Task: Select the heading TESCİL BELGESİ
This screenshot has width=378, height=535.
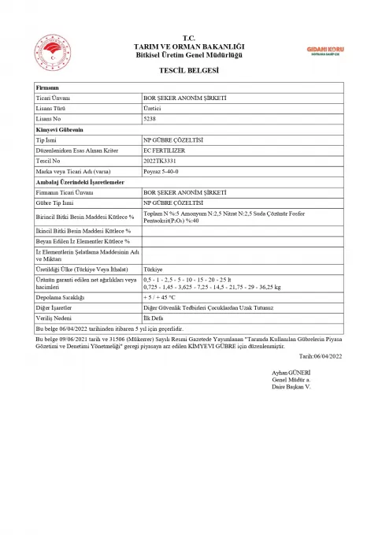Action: pyautogui.click(x=188, y=70)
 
